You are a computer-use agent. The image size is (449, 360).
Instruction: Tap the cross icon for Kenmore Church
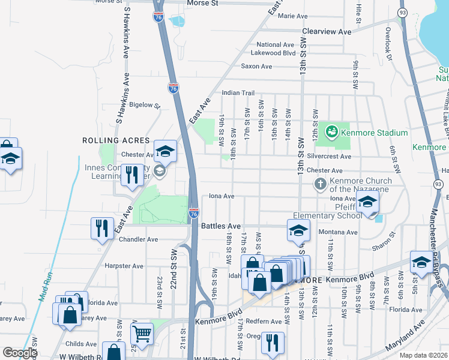tap(321, 184)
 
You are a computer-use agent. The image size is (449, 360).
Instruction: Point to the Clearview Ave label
tap(327, 31)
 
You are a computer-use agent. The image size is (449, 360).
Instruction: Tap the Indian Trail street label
tap(238, 93)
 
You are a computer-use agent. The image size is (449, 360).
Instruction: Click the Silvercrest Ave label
tap(328, 156)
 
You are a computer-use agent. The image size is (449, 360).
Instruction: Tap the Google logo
tap(20, 353)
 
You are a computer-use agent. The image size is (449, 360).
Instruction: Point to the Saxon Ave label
tap(256, 67)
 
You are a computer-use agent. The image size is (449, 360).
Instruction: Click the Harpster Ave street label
tap(124, 266)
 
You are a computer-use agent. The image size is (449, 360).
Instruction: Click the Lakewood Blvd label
tap(273, 53)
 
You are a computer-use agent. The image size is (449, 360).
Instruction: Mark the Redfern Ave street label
tap(264, 322)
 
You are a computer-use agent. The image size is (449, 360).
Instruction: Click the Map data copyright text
tap(423, 355)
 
